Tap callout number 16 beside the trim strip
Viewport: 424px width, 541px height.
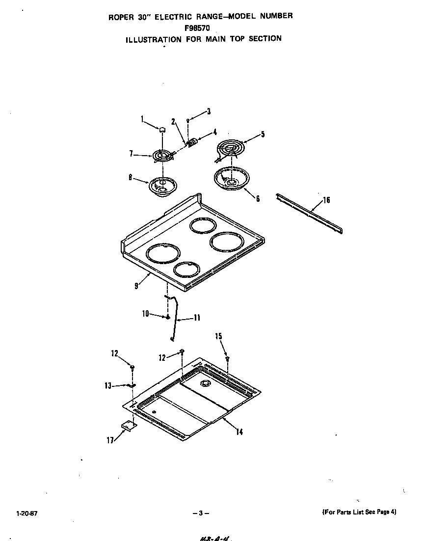326,200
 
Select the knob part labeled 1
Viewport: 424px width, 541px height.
161,129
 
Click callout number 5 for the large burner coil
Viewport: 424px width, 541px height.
263,134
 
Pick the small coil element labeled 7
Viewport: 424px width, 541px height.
161,156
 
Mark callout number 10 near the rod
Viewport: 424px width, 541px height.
145,314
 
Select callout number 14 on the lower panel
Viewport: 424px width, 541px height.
239,432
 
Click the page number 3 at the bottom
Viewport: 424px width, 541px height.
200,513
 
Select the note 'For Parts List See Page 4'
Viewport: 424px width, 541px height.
359,512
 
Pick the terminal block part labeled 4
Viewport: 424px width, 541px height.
192,142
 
